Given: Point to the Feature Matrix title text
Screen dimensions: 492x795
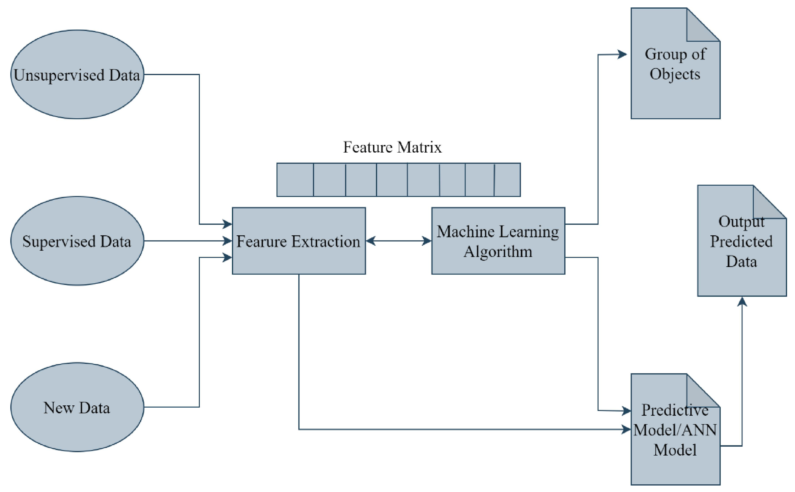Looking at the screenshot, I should pos(392,147).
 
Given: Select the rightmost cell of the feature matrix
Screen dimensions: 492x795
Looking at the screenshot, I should pos(507,180).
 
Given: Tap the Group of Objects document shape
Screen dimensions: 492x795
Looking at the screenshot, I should pos(669,94).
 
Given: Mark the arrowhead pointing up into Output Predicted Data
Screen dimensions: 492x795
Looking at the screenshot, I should pos(742,302).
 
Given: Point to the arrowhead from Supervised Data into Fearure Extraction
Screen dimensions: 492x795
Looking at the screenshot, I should pos(227,241).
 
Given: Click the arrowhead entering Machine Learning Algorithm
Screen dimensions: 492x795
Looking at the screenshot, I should pos(426,241).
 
